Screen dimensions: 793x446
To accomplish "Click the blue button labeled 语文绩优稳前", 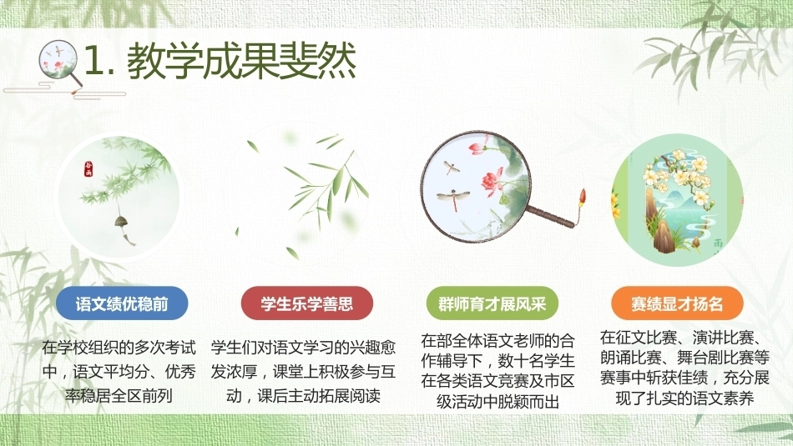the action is (x=121, y=303).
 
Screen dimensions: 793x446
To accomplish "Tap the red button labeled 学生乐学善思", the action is (x=307, y=303).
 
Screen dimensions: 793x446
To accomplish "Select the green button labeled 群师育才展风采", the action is (x=492, y=303).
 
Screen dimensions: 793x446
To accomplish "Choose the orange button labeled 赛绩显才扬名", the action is (x=677, y=303).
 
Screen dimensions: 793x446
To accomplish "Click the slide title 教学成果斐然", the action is (x=242, y=61).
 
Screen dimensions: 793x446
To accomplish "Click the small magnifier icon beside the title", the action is (x=59, y=65).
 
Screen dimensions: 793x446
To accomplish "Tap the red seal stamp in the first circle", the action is (x=89, y=169).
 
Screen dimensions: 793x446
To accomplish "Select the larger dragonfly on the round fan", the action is (x=453, y=198).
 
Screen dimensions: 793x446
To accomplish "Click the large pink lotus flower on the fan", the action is (x=492, y=182).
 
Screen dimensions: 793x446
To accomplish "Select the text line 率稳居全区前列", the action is (x=119, y=395).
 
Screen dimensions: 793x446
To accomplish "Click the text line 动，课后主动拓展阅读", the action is (x=304, y=395).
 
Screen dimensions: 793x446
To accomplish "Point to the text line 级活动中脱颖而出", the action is (x=498, y=402).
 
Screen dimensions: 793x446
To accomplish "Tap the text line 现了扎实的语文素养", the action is (x=684, y=398).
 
